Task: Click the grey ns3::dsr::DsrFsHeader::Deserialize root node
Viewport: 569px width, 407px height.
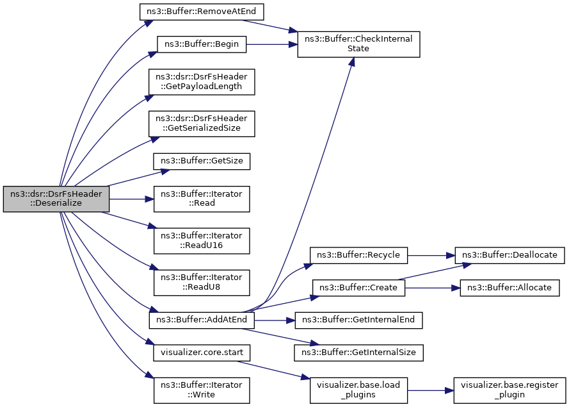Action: coord(56,199)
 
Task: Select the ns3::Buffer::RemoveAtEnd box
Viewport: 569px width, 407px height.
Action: coord(202,12)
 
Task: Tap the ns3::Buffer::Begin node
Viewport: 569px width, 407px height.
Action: coord(202,44)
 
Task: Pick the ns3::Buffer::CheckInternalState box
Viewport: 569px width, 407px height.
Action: coord(358,44)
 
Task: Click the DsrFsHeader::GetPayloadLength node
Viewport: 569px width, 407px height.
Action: coord(202,82)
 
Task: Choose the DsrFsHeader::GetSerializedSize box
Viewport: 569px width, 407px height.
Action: coord(202,124)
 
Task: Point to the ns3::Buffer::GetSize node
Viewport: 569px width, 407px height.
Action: coord(202,161)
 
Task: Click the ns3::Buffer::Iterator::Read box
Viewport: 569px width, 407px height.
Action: coord(202,199)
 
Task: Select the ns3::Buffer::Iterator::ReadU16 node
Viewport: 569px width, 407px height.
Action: coord(202,241)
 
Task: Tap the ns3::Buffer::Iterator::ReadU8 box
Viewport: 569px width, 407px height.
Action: coord(202,283)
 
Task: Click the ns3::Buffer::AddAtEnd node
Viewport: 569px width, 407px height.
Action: coord(202,320)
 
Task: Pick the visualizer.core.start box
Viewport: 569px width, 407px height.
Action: coord(202,353)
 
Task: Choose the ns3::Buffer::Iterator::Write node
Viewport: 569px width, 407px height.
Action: coord(202,390)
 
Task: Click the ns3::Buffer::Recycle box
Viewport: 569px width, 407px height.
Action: coord(358,256)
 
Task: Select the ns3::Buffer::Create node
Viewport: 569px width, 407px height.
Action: coord(358,288)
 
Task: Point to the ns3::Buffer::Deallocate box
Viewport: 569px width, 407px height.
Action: coord(509,256)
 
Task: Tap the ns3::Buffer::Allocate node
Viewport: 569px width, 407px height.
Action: coord(509,288)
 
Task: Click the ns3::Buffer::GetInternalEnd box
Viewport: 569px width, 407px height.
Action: coord(358,320)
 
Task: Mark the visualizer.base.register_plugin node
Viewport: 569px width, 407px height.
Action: coord(509,390)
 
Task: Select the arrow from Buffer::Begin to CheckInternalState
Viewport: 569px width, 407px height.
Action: coord(272,44)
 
